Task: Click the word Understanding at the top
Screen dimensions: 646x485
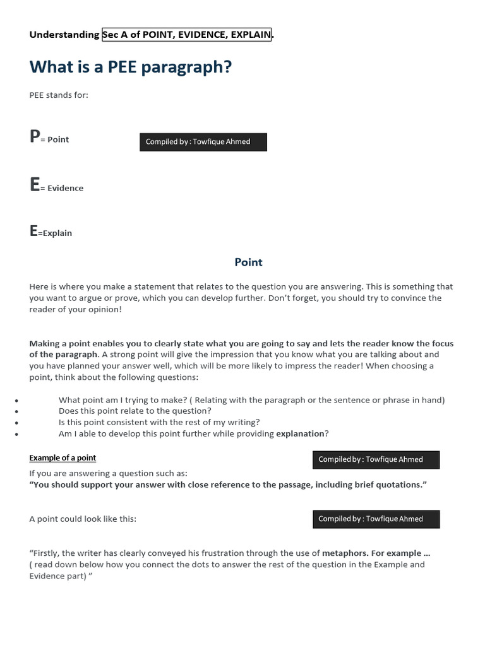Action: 64,35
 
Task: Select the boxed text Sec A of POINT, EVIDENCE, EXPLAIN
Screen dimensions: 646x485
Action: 186,35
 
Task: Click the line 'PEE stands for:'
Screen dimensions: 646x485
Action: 59,95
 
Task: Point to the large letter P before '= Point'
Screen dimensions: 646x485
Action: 34,136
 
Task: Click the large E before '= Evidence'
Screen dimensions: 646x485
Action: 34,185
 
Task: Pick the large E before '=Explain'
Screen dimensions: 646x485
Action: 33,231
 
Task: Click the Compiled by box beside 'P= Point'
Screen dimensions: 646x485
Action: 203,142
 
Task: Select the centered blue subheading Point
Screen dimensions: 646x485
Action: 248,262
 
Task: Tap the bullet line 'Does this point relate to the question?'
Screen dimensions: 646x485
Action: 135,411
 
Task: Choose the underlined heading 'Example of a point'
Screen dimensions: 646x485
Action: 63,457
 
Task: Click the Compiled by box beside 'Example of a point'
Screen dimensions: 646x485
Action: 376,459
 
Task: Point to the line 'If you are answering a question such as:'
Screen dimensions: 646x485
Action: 108,473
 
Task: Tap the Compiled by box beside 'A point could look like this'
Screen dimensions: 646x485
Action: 376,519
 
